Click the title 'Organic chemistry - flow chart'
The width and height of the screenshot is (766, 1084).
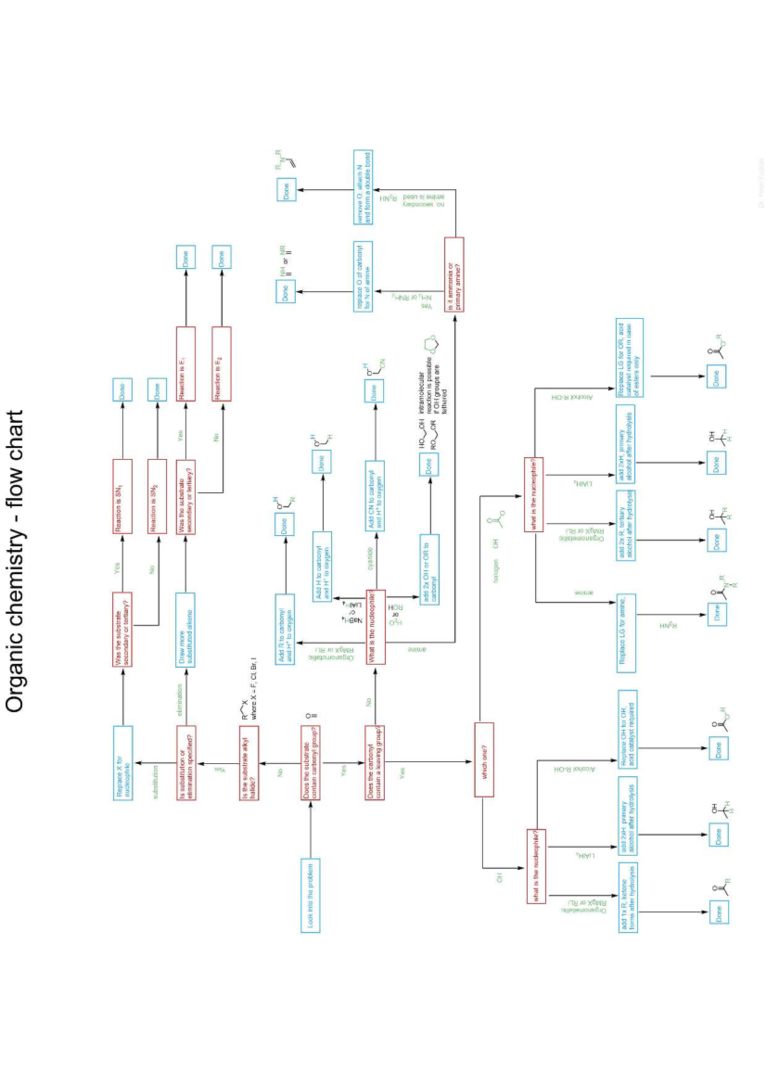[x=15, y=561]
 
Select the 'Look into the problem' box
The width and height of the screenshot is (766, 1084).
[x=310, y=894]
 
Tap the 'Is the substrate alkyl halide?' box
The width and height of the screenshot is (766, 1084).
[x=249, y=762]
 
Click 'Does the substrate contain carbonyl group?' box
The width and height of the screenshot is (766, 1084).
[x=310, y=762]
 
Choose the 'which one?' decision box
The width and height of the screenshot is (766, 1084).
[x=484, y=760]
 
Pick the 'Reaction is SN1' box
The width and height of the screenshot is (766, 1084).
[x=122, y=496]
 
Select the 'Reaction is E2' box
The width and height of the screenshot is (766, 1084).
[x=221, y=364]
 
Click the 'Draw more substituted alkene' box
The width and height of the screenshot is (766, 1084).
[x=185, y=629]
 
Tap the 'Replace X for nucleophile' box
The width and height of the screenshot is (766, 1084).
[x=123, y=762]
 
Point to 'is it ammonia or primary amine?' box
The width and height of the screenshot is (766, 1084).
[x=454, y=275]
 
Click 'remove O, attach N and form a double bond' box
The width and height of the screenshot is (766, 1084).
[x=363, y=187]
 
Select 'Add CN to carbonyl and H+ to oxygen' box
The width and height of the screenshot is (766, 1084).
[x=375, y=495]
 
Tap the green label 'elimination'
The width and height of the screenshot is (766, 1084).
[x=179, y=700]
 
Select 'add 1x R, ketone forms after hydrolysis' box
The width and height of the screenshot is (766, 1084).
[x=627, y=898]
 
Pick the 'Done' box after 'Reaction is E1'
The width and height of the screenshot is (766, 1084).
[x=186, y=257]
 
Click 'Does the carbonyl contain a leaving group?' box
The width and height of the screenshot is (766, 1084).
[x=375, y=762]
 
